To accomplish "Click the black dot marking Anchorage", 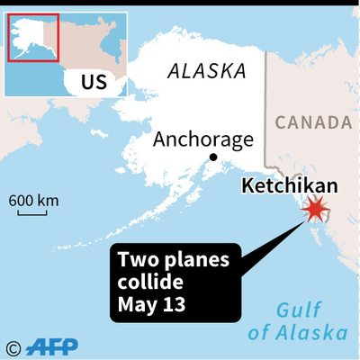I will [213, 157].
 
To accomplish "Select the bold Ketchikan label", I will [290, 185].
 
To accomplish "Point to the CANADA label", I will [311, 121].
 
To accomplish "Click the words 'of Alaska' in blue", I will [296, 333].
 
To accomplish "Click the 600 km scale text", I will [34, 199].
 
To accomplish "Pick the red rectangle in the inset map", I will [33, 38].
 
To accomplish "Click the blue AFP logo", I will [54, 346].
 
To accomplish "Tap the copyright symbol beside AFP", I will [13, 346].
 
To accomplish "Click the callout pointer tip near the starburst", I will [303, 220].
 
